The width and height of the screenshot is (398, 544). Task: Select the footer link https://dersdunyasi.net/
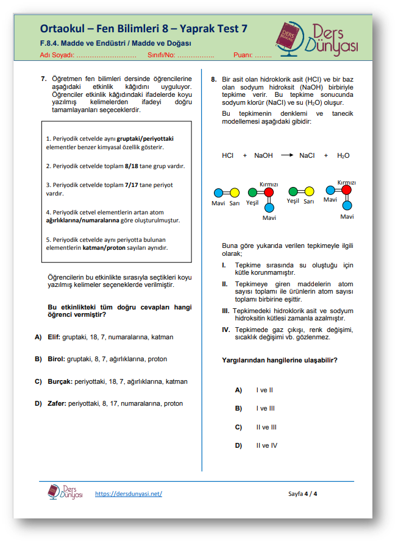point(129,493)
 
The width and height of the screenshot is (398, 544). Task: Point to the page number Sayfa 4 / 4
point(302,493)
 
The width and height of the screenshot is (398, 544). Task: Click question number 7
point(44,79)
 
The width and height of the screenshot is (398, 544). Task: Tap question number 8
point(214,79)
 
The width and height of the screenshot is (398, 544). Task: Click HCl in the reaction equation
point(228,156)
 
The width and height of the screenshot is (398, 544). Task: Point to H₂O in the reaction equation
point(343,156)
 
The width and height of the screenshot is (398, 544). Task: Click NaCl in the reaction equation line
point(307,156)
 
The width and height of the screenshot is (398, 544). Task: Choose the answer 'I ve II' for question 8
point(265,390)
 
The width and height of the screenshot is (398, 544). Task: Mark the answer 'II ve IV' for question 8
point(266,445)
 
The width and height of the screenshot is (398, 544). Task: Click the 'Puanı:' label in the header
point(243,55)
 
